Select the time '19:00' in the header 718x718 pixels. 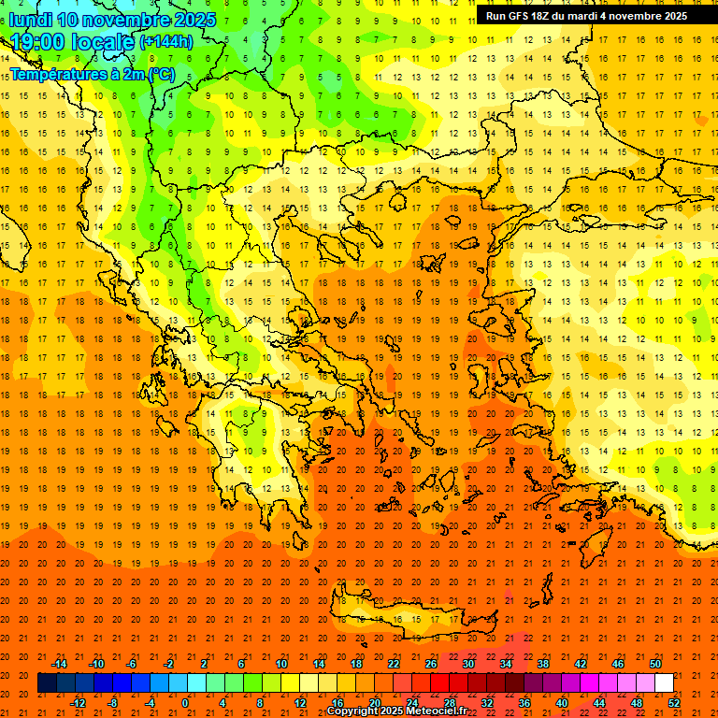(39, 42)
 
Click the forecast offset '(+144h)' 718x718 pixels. (165, 42)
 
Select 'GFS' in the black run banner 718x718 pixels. (520, 16)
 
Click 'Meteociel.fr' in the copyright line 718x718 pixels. (437, 711)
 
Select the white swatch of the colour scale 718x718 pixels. (664, 683)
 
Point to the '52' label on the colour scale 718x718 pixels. (674, 703)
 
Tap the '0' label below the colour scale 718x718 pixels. (185, 703)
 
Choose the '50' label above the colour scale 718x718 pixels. (655, 664)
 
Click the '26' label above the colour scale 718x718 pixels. (431, 664)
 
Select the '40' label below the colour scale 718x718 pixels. (562, 703)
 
